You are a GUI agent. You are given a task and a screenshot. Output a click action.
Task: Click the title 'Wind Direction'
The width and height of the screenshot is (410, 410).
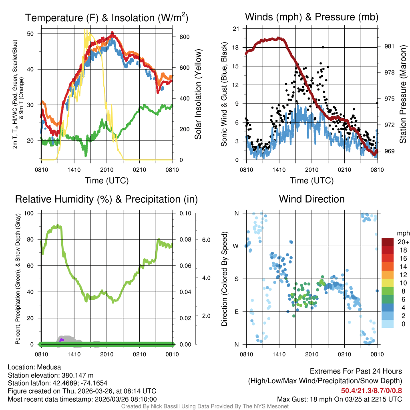pos(312,199)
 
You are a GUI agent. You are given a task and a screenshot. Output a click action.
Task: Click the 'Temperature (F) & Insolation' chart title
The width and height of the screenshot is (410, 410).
pos(107,18)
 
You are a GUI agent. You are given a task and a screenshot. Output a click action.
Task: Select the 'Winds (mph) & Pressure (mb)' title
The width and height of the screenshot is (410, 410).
pos(312,17)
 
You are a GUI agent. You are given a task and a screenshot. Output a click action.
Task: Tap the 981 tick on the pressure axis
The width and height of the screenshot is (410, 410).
pos(390,46)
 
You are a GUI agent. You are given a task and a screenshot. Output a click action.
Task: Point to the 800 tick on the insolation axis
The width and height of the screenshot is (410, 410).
pos(185,37)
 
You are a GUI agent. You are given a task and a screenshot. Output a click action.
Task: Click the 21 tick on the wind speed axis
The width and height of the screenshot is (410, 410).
pos(236,29)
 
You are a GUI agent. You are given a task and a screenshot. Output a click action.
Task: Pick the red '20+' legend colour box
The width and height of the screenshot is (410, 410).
pos(388,242)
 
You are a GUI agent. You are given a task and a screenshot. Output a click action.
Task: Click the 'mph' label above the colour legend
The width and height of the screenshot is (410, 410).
pos(402,233)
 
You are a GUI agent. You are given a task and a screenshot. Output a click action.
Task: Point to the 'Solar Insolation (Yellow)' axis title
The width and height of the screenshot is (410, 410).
pos(198,94)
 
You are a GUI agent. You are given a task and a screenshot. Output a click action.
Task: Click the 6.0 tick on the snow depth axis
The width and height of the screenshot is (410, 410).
pos(206,240)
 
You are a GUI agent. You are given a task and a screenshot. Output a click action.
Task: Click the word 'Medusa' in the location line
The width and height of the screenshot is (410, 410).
pos(49,367)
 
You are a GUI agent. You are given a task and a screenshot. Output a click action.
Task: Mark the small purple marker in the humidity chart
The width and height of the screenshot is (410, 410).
pos(61,340)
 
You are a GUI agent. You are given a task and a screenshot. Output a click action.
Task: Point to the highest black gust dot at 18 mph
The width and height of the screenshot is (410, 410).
pos(323,47)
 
